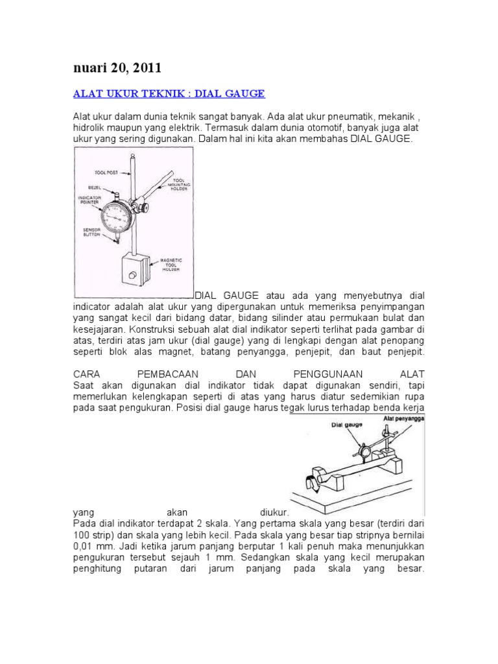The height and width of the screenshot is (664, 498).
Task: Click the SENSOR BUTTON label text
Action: tap(90, 232)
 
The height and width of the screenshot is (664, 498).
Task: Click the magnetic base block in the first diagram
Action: tap(133, 271)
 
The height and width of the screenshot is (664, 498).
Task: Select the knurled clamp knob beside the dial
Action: tap(138, 207)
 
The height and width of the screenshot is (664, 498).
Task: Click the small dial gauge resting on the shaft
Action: tap(361, 451)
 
